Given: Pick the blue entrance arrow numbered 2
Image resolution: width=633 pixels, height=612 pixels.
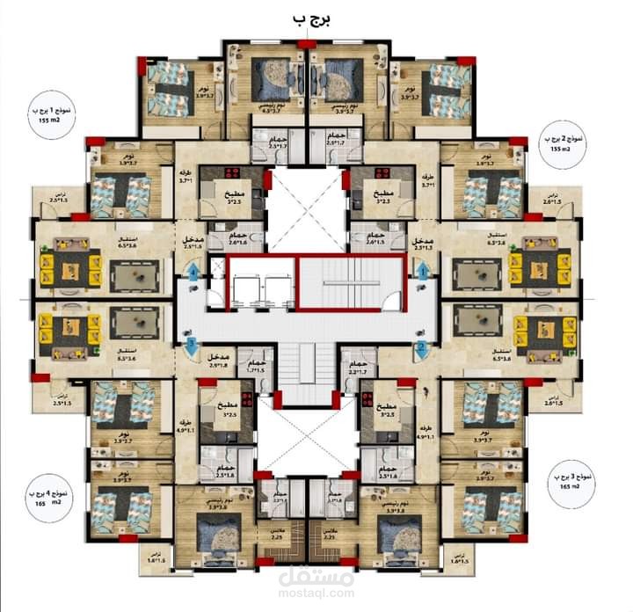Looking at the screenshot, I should coord(421,348).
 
